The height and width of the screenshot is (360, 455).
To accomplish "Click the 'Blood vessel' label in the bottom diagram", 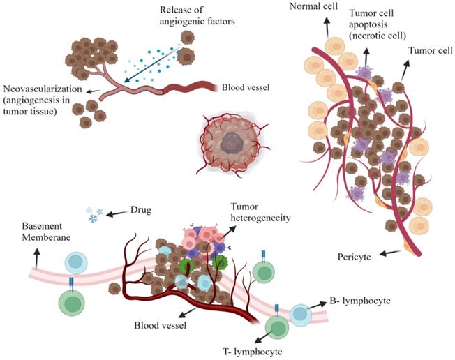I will [160, 324].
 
